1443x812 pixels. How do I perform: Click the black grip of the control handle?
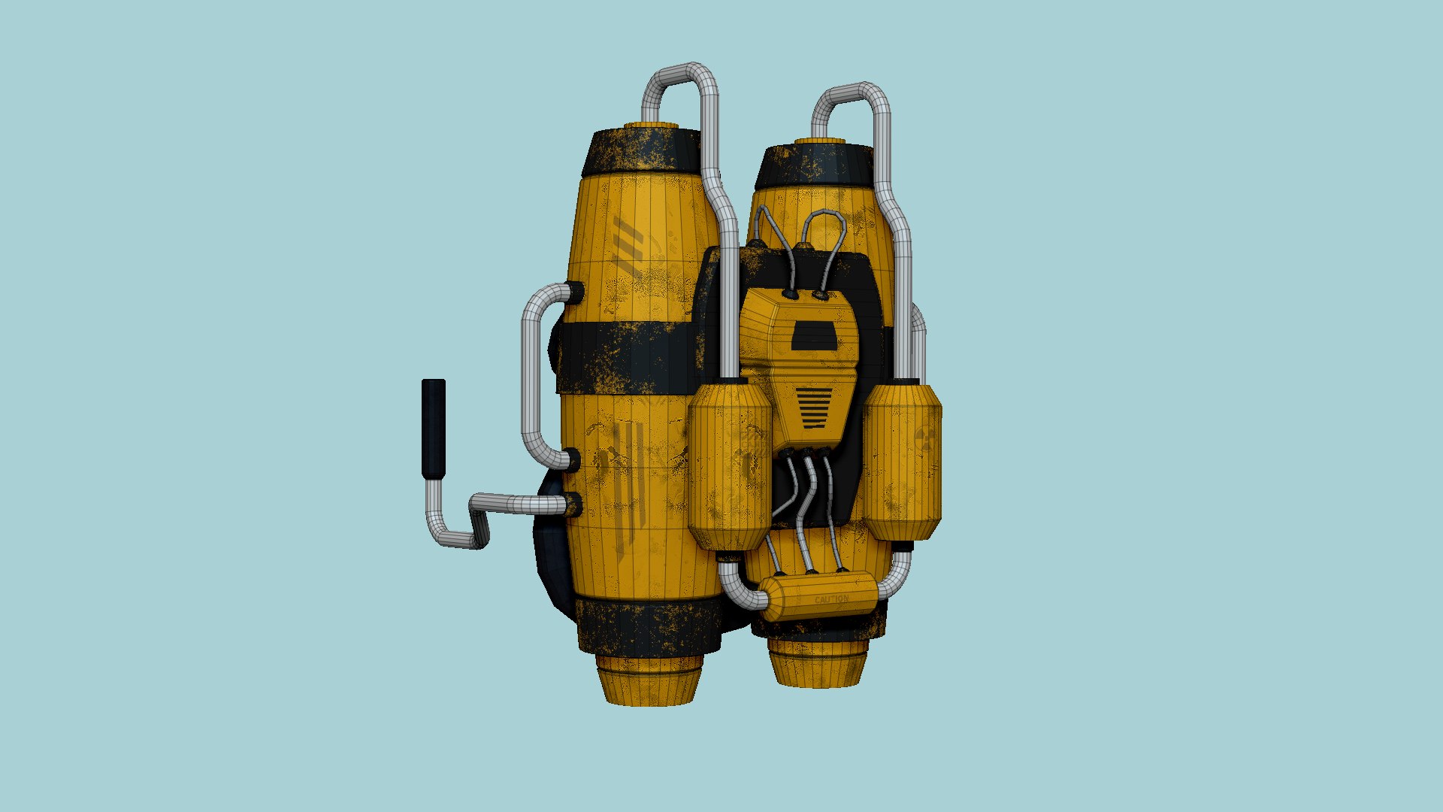434,429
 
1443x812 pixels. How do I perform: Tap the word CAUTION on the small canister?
830,600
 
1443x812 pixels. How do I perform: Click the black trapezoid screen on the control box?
814,336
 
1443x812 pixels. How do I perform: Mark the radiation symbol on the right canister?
925,439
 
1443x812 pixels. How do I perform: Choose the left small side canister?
730,465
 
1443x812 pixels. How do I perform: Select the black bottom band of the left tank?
646,629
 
